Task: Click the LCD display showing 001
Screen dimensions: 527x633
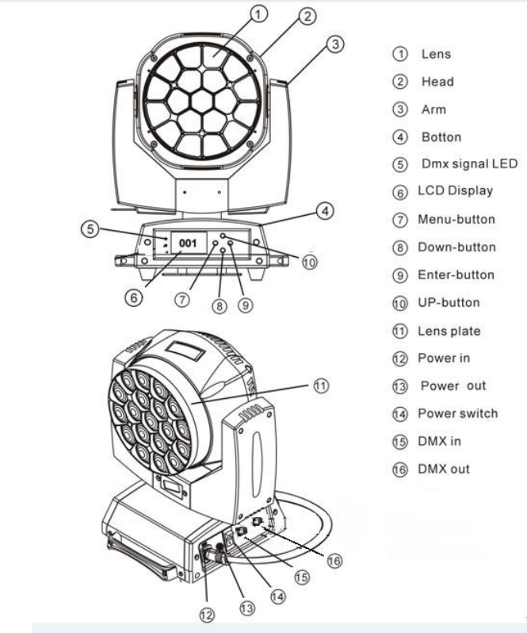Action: [189, 243]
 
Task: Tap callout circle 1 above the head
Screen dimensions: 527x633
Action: [258, 14]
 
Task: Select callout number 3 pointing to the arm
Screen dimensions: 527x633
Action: [335, 44]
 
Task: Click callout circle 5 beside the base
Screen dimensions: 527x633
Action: [90, 229]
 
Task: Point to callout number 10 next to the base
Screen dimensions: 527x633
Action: [310, 263]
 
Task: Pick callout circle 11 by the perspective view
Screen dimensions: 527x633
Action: [321, 386]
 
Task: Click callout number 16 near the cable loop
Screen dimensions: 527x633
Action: [334, 561]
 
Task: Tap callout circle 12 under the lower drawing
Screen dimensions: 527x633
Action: [207, 615]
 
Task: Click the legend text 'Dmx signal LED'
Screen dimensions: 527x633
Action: [469, 163]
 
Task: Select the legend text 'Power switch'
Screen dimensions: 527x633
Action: [457, 413]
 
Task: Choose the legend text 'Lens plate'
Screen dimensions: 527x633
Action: [449, 331]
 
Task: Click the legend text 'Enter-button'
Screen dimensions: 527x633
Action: [456, 275]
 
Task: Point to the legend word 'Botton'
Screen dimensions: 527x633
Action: [441, 137]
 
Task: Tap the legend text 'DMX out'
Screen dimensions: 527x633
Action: [444, 469]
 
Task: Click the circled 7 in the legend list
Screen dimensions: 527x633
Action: [400, 220]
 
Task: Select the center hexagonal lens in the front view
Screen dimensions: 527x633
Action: [201, 101]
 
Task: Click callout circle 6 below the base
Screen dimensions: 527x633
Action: [133, 298]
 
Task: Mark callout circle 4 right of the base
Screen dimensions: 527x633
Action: [325, 211]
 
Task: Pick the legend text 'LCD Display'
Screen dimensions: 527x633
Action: [455, 191]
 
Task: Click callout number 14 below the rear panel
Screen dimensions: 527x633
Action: [277, 597]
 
